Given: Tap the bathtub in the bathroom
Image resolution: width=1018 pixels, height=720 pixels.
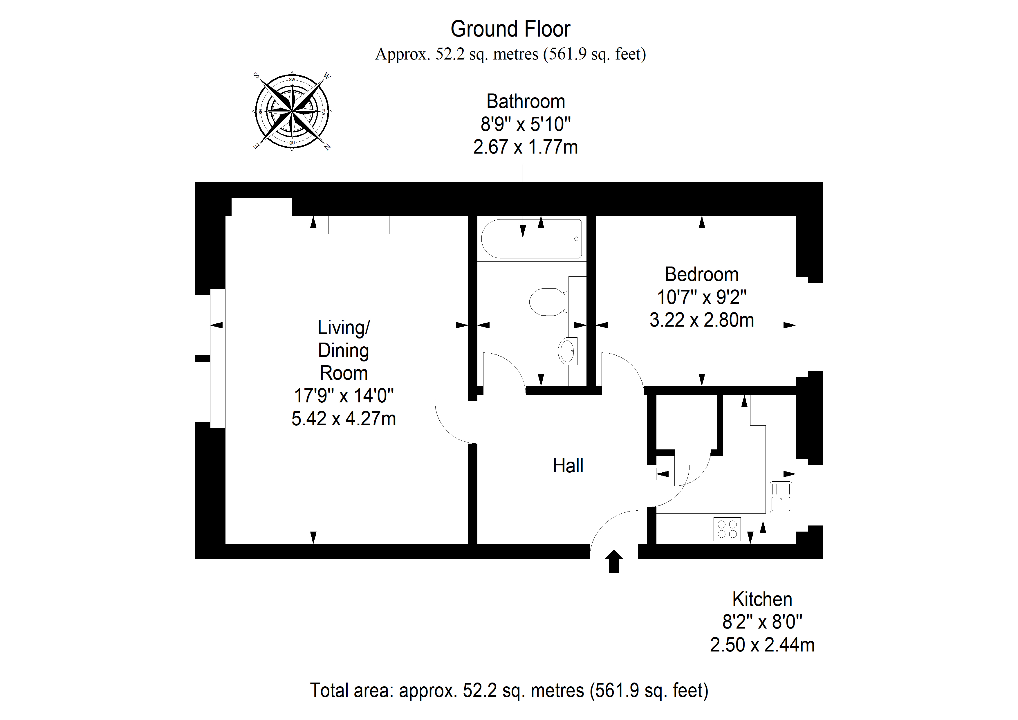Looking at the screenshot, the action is click(532, 239).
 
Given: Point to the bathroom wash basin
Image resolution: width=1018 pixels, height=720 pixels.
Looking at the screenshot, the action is click(568, 351).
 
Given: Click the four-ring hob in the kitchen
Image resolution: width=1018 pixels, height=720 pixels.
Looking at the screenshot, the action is click(727, 529).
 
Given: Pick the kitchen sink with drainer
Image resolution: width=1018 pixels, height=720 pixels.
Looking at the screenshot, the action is click(781, 497).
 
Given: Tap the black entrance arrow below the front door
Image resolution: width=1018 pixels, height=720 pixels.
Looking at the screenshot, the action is click(614, 561).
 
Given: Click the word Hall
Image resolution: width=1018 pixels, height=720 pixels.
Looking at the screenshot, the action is click(568, 466).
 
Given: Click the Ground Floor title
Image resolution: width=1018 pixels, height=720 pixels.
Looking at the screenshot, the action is click(510, 29).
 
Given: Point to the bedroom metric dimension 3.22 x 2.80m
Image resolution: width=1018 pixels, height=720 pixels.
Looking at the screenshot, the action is click(702, 320).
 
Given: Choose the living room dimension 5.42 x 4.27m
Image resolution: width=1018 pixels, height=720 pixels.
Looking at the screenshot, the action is click(344, 419).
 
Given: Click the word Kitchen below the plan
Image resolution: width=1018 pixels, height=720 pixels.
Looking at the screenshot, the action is click(762, 599).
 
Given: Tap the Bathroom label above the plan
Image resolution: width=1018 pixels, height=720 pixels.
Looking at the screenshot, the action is click(526, 102).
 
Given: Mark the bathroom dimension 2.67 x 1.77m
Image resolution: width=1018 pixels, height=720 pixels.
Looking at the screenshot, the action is click(526, 147).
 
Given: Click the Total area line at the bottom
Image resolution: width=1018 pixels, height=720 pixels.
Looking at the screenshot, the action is click(509, 691).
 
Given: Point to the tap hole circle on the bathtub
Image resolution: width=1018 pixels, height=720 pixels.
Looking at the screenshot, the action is click(576, 239).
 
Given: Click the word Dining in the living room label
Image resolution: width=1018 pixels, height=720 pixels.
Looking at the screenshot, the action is click(344, 350).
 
